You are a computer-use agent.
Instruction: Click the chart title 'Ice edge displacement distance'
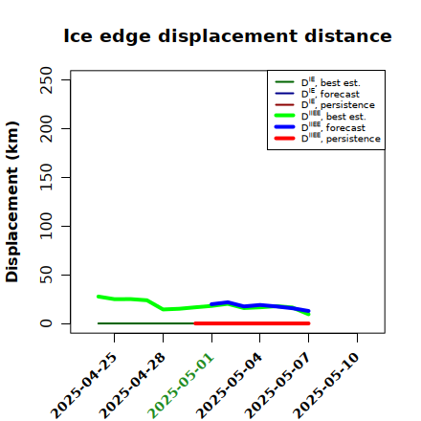click(x=228, y=36)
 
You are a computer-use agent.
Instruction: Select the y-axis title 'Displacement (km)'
click(x=12, y=202)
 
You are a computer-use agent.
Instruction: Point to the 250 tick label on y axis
click(x=46, y=79)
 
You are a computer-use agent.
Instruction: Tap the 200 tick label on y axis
click(x=46, y=128)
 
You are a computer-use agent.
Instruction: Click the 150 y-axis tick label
click(x=46, y=177)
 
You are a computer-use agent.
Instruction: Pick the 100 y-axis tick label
click(x=46, y=226)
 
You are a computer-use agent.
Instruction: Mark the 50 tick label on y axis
click(x=46, y=275)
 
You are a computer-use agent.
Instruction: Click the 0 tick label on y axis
click(x=46, y=323)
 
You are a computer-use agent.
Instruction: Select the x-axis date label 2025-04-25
click(x=84, y=386)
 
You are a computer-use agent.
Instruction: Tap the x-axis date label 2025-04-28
click(x=132, y=386)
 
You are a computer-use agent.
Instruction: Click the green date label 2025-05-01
click(x=181, y=386)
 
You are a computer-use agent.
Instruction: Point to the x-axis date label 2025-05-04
click(x=230, y=386)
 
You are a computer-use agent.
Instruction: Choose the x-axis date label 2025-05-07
click(x=277, y=386)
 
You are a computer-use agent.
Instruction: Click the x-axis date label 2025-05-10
click(x=326, y=386)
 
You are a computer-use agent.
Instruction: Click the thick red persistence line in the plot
click(x=252, y=323)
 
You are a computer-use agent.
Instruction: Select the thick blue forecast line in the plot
click(x=260, y=305)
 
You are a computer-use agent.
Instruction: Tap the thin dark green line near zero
click(x=146, y=323)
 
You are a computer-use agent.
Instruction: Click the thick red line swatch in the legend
click(x=284, y=139)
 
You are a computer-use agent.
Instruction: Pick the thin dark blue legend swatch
click(x=284, y=94)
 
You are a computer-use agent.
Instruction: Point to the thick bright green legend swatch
click(x=284, y=116)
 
